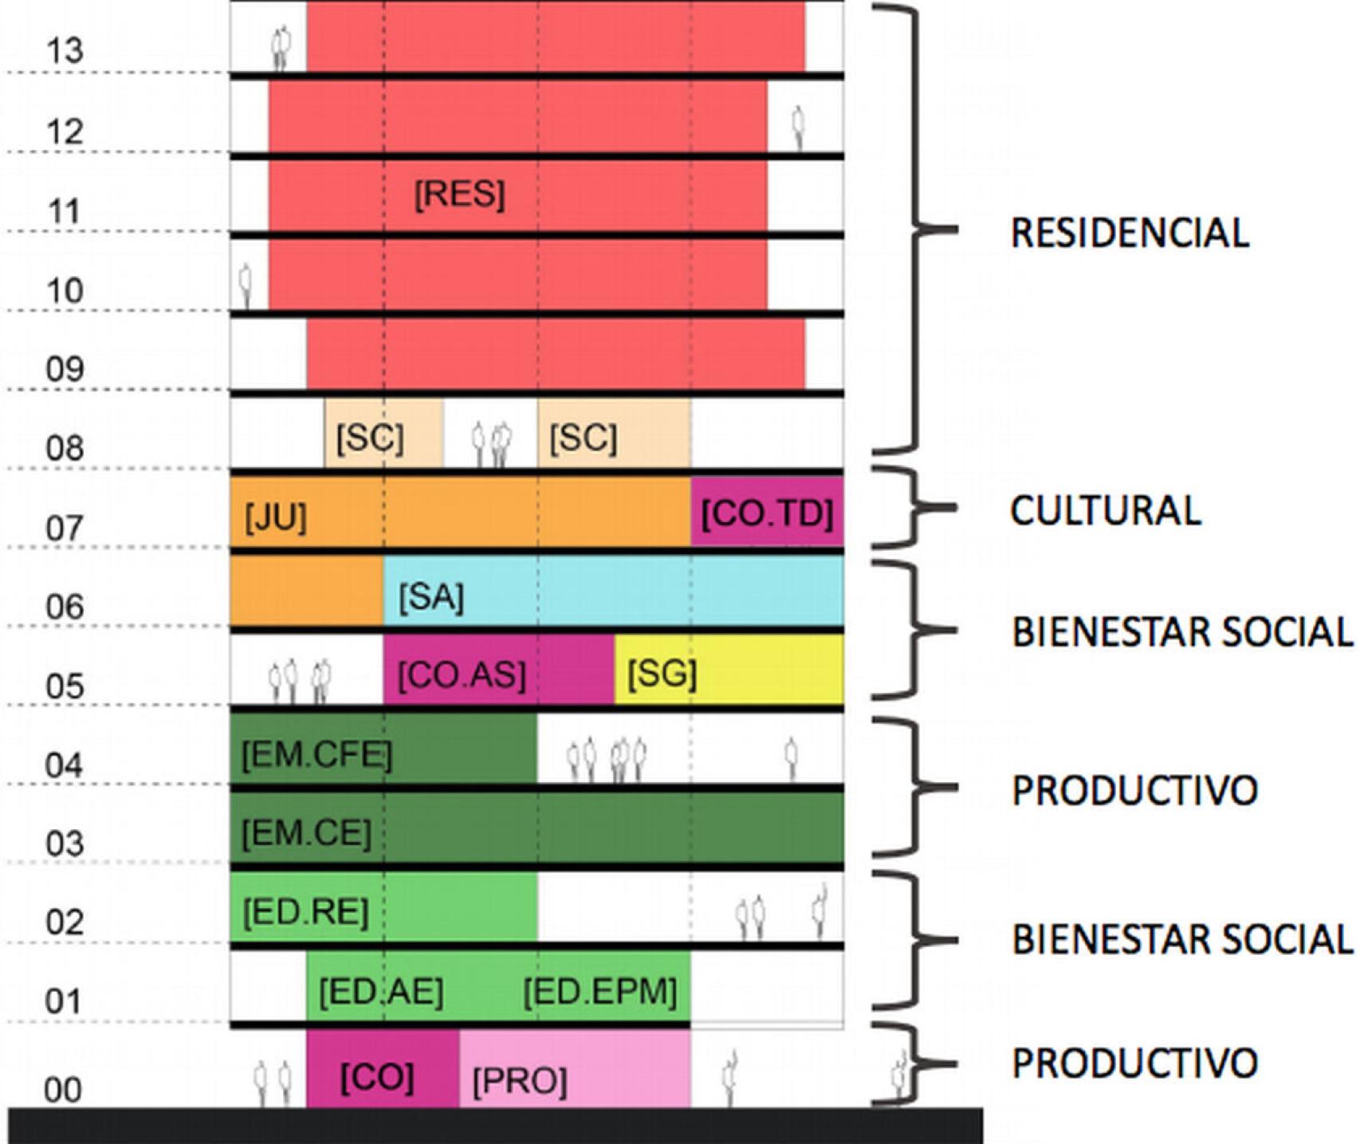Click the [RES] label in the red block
(x=460, y=195)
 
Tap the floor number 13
(x=65, y=51)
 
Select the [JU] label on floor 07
(x=275, y=517)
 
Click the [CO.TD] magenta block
(x=767, y=513)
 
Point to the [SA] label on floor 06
(x=430, y=596)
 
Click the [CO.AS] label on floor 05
(x=462, y=675)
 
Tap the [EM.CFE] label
(x=316, y=754)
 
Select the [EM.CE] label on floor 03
(x=306, y=833)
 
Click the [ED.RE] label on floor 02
(x=305, y=911)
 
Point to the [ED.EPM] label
(x=599, y=992)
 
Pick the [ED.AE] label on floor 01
(x=380, y=992)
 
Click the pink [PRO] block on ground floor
(x=574, y=1068)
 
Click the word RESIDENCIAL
(x=1130, y=233)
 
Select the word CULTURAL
(x=1105, y=511)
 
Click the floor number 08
(x=65, y=449)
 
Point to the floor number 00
(x=63, y=1090)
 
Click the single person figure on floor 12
(x=797, y=128)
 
